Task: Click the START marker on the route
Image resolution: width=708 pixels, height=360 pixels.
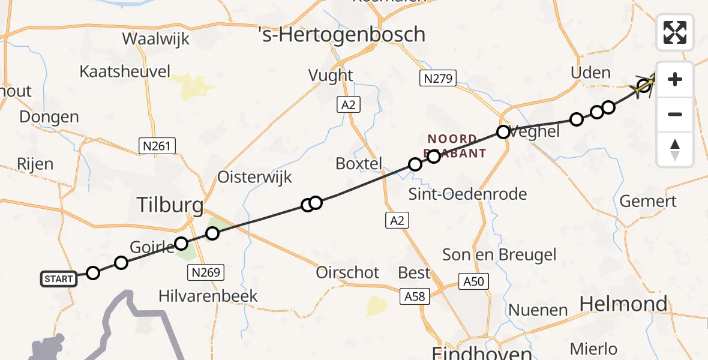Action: (59, 278)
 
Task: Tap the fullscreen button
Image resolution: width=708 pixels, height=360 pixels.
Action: (675, 32)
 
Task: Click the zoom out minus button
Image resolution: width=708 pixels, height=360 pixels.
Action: (675, 114)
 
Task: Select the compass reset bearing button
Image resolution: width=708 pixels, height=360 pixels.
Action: (675, 149)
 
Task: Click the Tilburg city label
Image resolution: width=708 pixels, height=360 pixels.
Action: (170, 206)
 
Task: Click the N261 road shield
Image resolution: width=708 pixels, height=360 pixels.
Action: (157, 146)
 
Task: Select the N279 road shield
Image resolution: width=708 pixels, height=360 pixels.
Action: (437, 78)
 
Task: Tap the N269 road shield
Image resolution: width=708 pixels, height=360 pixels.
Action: (205, 272)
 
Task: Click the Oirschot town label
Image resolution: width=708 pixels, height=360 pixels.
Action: (348, 272)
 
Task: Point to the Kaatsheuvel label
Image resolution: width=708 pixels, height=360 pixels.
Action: (125, 71)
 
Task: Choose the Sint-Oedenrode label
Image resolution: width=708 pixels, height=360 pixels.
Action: (467, 194)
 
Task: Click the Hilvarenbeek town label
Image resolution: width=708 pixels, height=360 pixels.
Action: (208, 296)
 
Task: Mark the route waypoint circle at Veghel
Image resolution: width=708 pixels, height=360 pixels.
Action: (503, 132)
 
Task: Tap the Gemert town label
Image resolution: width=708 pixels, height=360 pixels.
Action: (648, 201)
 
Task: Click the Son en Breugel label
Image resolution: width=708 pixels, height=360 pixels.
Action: (499, 254)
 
